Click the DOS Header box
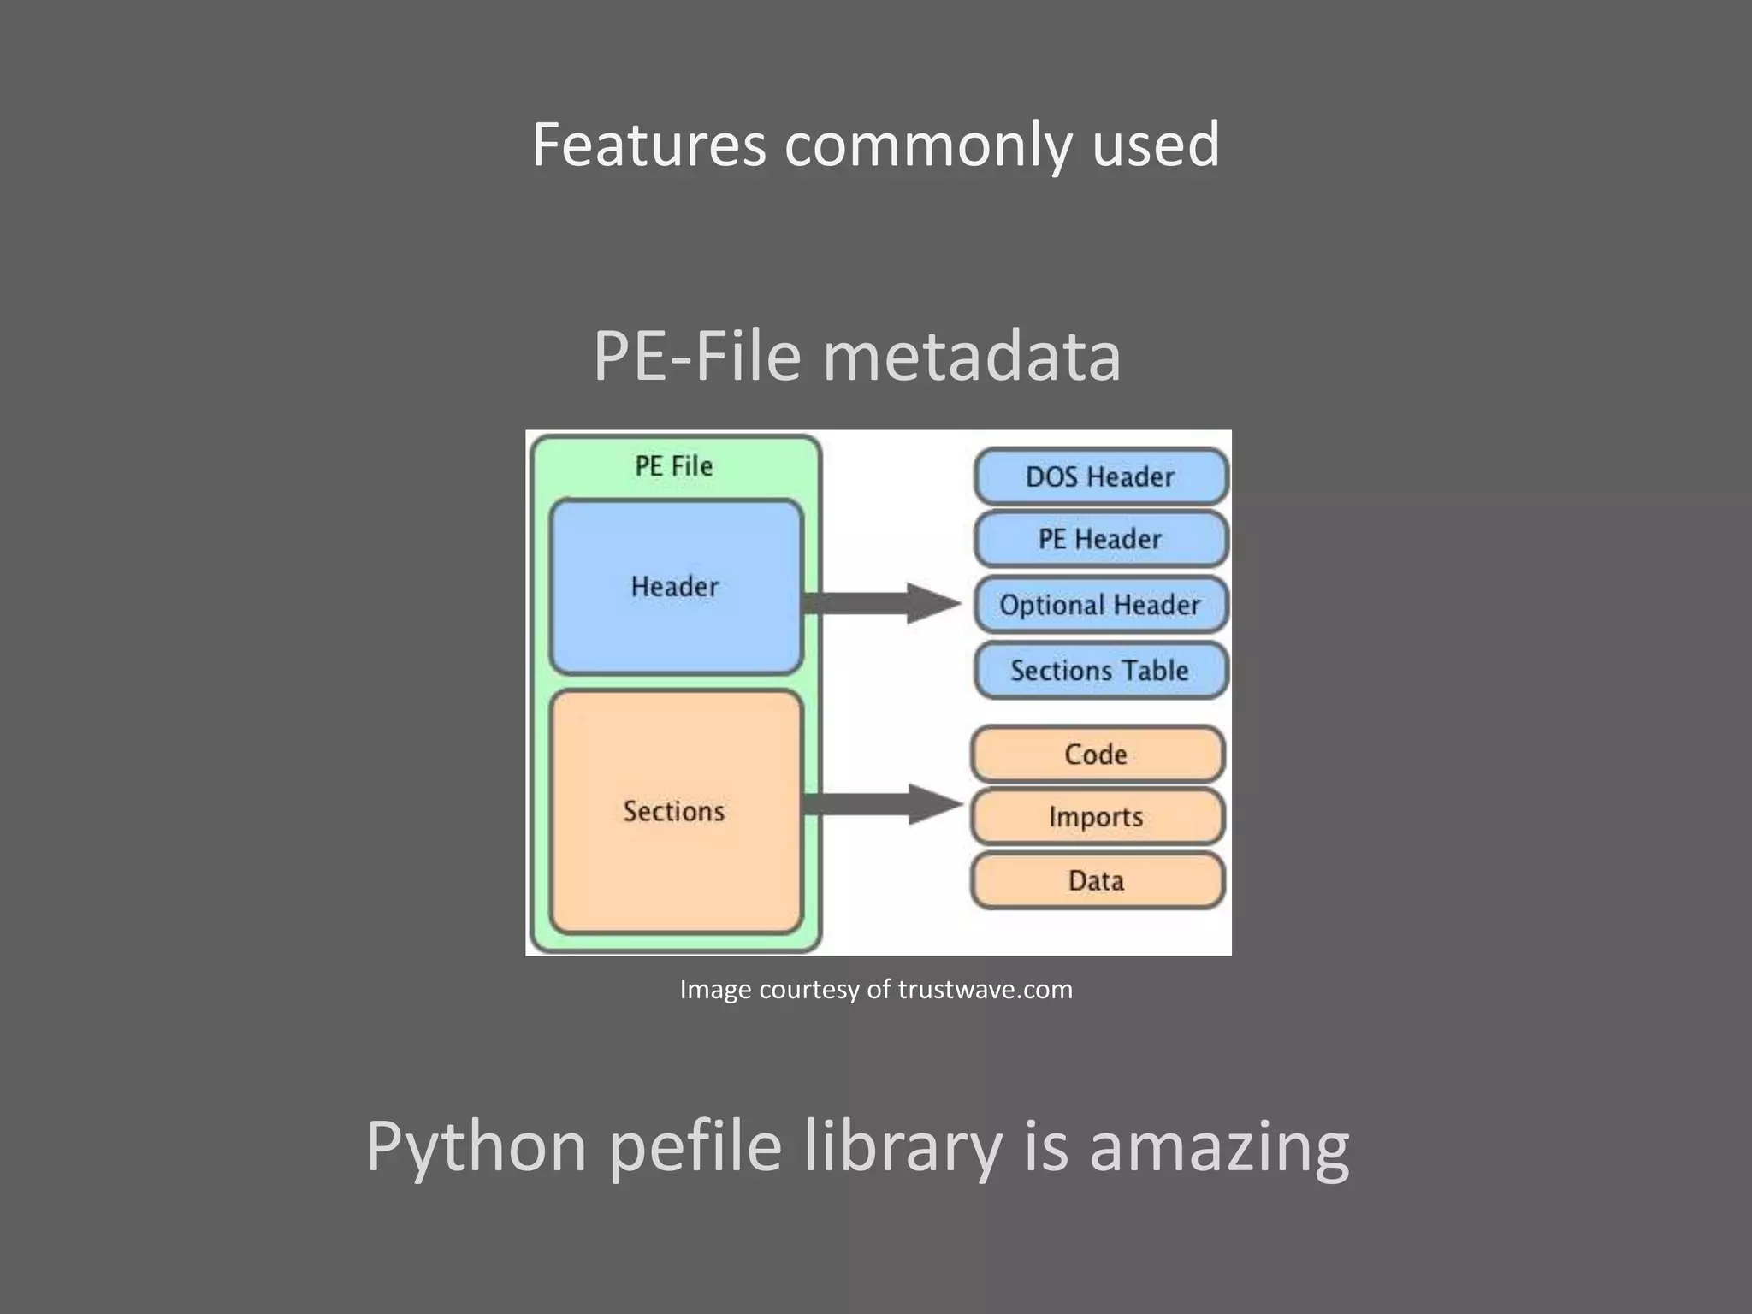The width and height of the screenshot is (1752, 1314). [x=1100, y=476]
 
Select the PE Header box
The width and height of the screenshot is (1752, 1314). [x=1100, y=539]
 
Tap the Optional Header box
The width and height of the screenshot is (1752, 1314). [x=1100, y=605]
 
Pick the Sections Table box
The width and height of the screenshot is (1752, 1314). [x=1100, y=670]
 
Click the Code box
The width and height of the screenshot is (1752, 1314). [x=1097, y=754]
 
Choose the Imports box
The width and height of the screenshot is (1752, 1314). [x=1097, y=817]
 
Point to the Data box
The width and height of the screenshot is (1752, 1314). [x=1097, y=880]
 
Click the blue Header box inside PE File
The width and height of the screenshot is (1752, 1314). [x=675, y=587]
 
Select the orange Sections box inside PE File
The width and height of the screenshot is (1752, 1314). [x=675, y=811]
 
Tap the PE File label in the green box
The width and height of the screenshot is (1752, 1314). [x=674, y=466]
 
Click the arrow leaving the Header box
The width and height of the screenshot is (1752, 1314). [x=881, y=603]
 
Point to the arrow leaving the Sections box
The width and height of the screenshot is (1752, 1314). [x=881, y=804]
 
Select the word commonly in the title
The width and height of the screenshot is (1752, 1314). [x=927, y=145]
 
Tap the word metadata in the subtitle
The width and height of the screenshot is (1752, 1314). [x=971, y=356]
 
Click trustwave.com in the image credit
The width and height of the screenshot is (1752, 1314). [x=985, y=990]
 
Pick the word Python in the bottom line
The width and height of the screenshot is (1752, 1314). [x=476, y=1147]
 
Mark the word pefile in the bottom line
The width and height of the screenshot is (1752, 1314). [x=695, y=1147]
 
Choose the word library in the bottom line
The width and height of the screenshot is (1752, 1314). [x=903, y=1147]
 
